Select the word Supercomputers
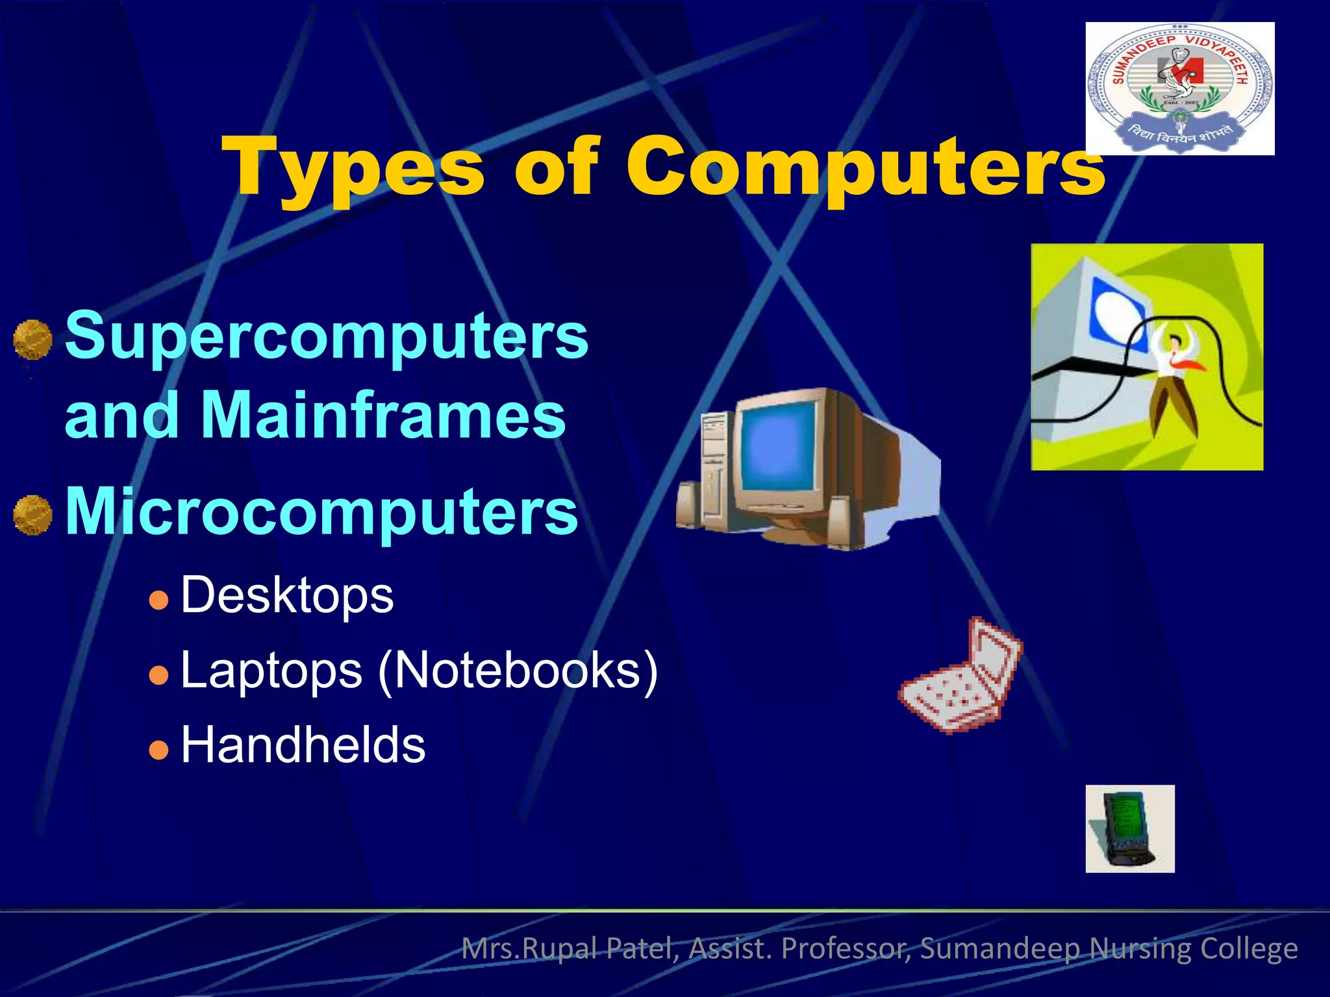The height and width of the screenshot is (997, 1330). click(327, 336)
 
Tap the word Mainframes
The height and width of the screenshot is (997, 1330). click(383, 415)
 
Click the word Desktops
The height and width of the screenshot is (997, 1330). click(287, 595)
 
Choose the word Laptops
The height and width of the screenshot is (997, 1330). click(271, 671)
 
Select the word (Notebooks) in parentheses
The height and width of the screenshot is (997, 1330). click(518, 671)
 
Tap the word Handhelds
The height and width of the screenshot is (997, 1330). click(303, 745)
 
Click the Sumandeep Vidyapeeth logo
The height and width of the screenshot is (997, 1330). click(1179, 88)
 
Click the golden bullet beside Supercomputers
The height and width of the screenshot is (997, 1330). click(32, 339)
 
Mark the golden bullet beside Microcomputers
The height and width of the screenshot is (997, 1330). click(32, 515)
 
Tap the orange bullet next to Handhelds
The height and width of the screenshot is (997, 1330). click(158, 750)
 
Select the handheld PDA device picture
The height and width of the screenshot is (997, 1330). click(1129, 829)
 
